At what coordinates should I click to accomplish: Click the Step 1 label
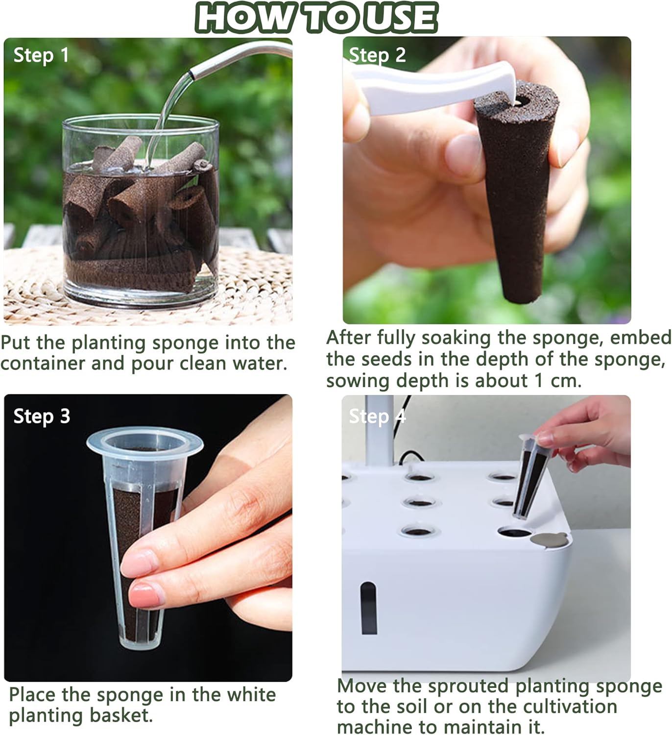click(x=41, y=55)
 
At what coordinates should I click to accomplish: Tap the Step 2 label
click(x=377, y=55)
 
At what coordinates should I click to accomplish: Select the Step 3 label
click(x=42, y=416)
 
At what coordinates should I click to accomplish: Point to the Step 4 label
click(x=377, y=416)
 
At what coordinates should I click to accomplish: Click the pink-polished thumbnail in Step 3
click(x=146, y=596)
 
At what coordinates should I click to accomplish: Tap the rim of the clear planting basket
click(x=144, y=441)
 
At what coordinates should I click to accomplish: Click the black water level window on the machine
click(x=368, y=608)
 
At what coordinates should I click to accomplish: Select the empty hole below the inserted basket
click(x=514, y=533)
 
